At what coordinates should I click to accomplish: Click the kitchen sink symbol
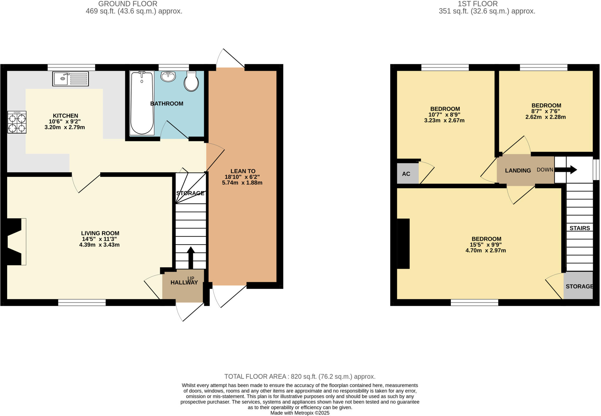pos(70,79)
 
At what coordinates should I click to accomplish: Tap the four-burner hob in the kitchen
pos(17,122)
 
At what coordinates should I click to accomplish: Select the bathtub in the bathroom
pos(142,103)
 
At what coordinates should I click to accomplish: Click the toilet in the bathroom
pos(191,81)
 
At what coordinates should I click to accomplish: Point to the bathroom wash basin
pos(168,76)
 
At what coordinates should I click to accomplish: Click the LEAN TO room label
pos(243,171)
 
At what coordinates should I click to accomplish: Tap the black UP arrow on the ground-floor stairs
pos(191,257)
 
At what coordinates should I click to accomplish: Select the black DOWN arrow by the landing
pos(565,170)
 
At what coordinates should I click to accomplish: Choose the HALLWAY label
pos(184,283)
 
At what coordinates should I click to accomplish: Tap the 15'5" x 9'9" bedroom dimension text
pos(486,245)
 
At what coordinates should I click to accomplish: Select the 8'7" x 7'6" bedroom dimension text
pos(546,111)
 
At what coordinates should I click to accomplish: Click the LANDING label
pos(518,170)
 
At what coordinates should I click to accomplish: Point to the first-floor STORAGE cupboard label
pos(579,286)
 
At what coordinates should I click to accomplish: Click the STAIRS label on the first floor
pos(580,228)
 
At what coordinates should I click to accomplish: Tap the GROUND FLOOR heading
pos(128,4)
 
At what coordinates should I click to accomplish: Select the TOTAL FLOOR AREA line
pos(300,376)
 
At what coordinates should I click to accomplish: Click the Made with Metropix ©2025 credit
pos(300,413)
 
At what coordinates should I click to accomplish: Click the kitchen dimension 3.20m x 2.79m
pos(65,127)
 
